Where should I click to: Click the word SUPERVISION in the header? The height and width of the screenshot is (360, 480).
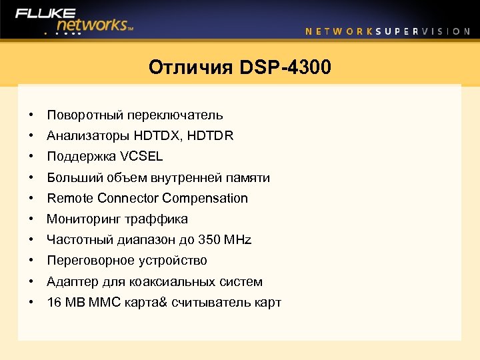point(423,31)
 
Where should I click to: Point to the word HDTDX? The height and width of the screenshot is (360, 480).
point(157,136)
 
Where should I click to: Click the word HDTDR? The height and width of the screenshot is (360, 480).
point(211,136)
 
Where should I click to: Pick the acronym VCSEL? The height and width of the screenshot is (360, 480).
point(141,157)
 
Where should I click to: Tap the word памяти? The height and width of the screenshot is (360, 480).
point(247,177)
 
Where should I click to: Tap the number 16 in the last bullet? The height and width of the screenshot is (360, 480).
point(53,302)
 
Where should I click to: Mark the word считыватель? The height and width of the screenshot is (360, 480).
point(211,302)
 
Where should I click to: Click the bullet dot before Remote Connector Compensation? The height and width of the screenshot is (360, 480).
point(31,198)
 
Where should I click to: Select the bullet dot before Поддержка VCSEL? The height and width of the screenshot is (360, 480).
point(31,157)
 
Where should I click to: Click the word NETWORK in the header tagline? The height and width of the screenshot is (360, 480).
point(339,31)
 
